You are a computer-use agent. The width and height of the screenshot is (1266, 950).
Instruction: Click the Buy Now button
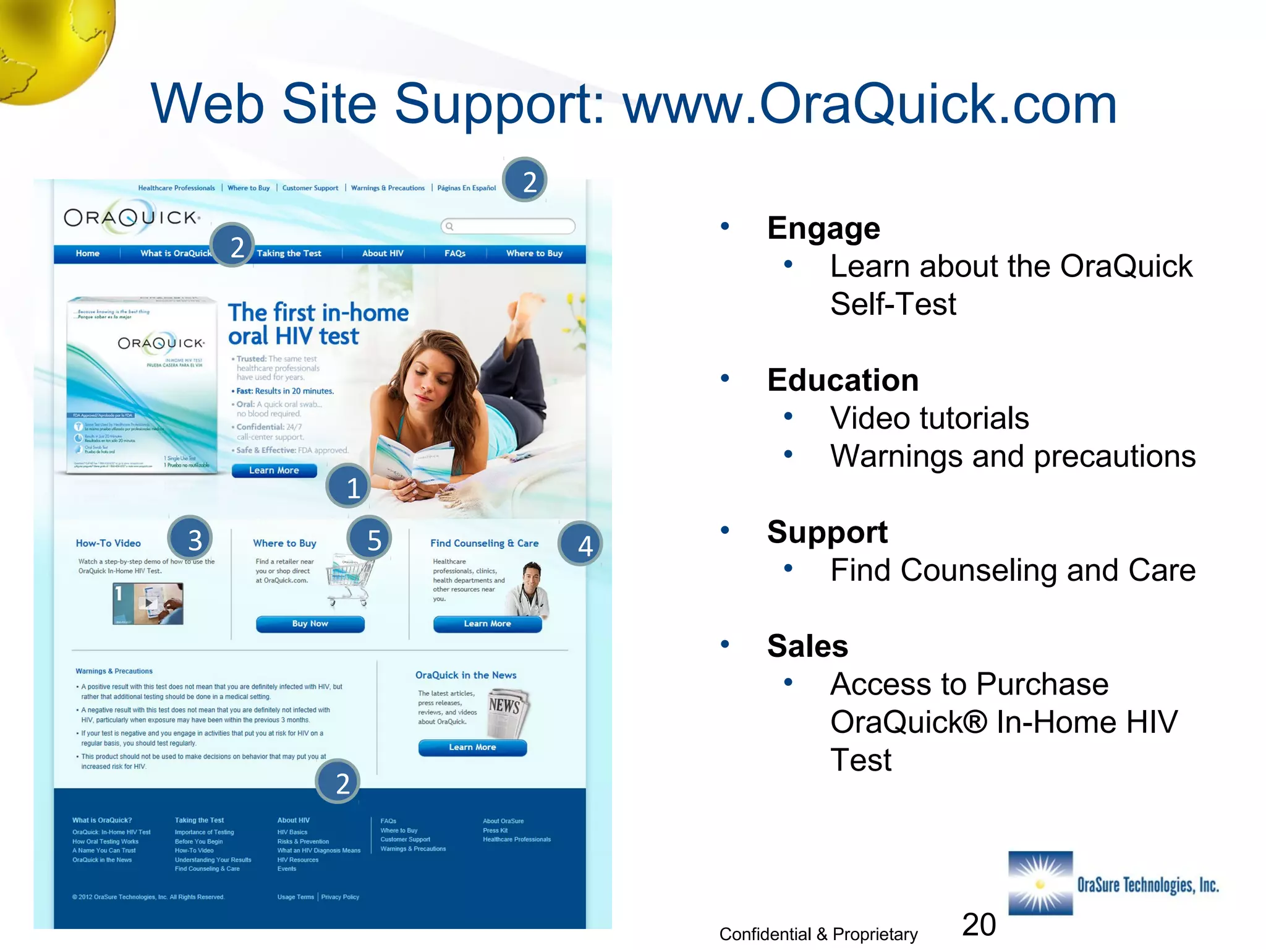pyautogui.click(x=310, y=623)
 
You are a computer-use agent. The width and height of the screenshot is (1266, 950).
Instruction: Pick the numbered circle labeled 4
pyautogui.click(x=581, y=545)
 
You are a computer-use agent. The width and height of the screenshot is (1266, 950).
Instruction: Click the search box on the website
pyautogui.click(x=508, y=226)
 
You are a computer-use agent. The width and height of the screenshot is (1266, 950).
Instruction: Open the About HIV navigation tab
pyautogui.click(x=383, y=254)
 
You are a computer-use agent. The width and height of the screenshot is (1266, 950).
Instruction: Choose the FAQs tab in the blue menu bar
pyautogui.click(x=455, y=254)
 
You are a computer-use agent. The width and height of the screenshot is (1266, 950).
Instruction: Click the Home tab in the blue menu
pyautogui.click(x=88, y=254)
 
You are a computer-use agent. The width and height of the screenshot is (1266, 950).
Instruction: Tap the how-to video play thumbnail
pyautogui.click(x=148, y=603)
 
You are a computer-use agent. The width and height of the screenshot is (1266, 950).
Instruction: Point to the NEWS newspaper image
pyautogui.click(x=507, y=712)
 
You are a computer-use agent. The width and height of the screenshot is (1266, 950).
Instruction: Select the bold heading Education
pyautogui.click(x=843, y=380)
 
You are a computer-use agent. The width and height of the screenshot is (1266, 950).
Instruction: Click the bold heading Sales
pyautogui.click(x=807, y=646)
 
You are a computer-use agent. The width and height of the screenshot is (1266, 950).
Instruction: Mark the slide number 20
pyautogui.click(x=979, y=925)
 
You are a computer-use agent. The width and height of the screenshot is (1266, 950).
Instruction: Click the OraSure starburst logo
pyautogui.click(x=1041, y=883)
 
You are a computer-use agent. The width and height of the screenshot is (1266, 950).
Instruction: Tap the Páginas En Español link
pyautogui.click(x=467, y=188)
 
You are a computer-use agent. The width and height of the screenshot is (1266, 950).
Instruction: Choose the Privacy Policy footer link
pyautogui.click(x=340, y=897)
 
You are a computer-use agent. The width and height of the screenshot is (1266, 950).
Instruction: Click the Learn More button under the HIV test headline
pyautogui.click(x=274, y=471)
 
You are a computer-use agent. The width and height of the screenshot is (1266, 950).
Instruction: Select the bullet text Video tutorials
pyautogui.click(x=929, y=418)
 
